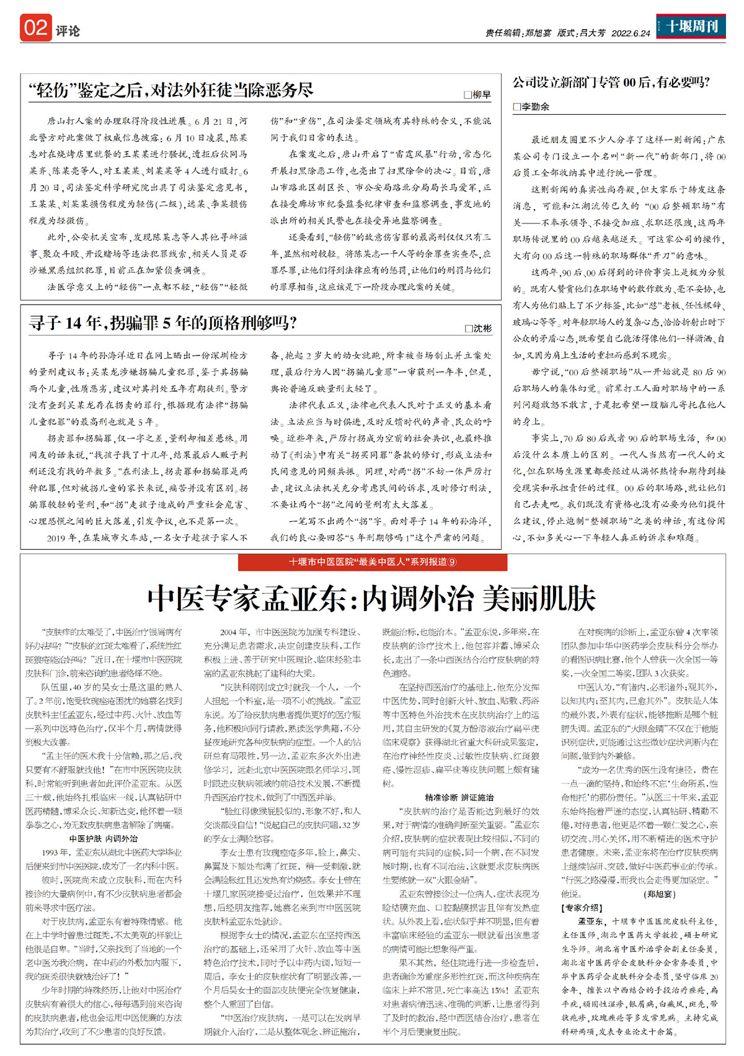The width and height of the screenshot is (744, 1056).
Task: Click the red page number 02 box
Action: [x=35, y=28]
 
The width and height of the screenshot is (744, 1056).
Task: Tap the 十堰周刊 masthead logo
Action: [x=691, y=27]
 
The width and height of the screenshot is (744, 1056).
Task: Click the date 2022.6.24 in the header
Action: [x=631, y=34]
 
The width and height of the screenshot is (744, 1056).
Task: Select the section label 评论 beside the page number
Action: [x=68, y=31]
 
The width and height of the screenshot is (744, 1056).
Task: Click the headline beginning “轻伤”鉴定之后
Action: [x=171, y=91]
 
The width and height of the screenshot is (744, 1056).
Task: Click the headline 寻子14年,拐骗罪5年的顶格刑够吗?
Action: [x=162, y=323]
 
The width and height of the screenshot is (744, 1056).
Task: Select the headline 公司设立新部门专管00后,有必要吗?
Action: [x=611, y=83]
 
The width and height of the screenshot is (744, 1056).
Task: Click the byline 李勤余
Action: [x=535, y=107]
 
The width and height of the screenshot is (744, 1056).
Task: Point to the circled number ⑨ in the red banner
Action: [x=452, y=562]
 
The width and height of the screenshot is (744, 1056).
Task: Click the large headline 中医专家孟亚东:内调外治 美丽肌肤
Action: [x=372, y=598]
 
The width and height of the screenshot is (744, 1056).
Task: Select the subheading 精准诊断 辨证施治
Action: [x=459, y=797]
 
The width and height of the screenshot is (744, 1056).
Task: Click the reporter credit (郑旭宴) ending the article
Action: [x=660, y=894]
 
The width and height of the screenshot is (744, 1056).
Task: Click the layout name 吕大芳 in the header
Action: [x=592, y=34]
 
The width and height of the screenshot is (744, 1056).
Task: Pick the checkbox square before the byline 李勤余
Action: [x=516, y=107]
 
